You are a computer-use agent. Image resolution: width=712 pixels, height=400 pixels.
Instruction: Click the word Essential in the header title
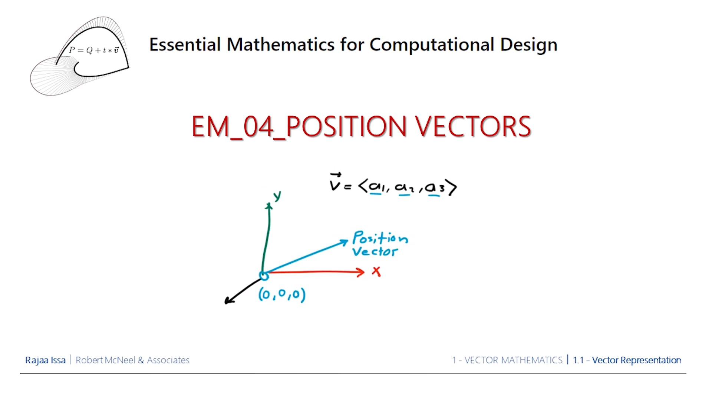(185, 45)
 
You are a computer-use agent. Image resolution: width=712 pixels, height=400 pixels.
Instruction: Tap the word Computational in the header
(432, 45)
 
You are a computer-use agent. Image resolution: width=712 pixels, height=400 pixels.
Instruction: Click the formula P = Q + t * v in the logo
(94, 50)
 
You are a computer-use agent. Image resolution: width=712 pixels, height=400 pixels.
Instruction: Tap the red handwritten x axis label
(376, 271)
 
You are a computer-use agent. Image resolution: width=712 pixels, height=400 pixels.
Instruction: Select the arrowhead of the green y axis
(269, 206)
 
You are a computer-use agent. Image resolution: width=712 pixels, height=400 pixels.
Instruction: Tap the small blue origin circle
(264, 276)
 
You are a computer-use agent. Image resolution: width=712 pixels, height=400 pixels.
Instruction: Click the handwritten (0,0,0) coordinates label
(282, 294)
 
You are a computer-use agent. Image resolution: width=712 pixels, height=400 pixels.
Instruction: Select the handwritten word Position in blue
(380, 237)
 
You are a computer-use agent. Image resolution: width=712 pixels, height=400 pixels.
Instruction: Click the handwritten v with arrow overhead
(335, 182)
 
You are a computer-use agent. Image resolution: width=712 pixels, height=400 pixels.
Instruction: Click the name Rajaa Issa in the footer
(45, 360)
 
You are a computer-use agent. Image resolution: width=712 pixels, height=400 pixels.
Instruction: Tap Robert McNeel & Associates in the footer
(132, 360)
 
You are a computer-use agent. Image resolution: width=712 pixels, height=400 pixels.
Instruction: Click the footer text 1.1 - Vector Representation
(627, 360)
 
